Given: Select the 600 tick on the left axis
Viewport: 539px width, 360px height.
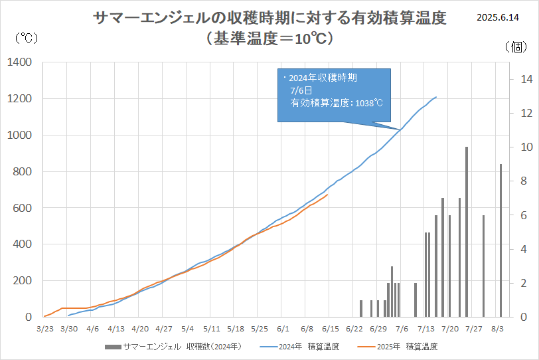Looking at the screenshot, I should [x=23, y=208].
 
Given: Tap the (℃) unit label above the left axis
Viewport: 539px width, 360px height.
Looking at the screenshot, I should [x=26, y=39].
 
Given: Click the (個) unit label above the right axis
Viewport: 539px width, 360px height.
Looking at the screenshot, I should [x=516, y=46].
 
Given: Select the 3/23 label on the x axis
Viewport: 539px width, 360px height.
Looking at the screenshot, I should [x=44, y=328].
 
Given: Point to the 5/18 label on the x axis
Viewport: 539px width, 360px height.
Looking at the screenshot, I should [x=236, y=328].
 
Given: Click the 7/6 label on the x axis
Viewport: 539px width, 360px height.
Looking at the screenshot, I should [x=402, y=328].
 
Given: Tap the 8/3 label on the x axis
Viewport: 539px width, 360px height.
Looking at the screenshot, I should [x=497, y=328].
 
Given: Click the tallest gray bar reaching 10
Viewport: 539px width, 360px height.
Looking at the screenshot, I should [x=467, y=232].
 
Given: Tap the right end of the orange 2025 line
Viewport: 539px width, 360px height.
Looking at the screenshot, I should [x=327, y=194].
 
